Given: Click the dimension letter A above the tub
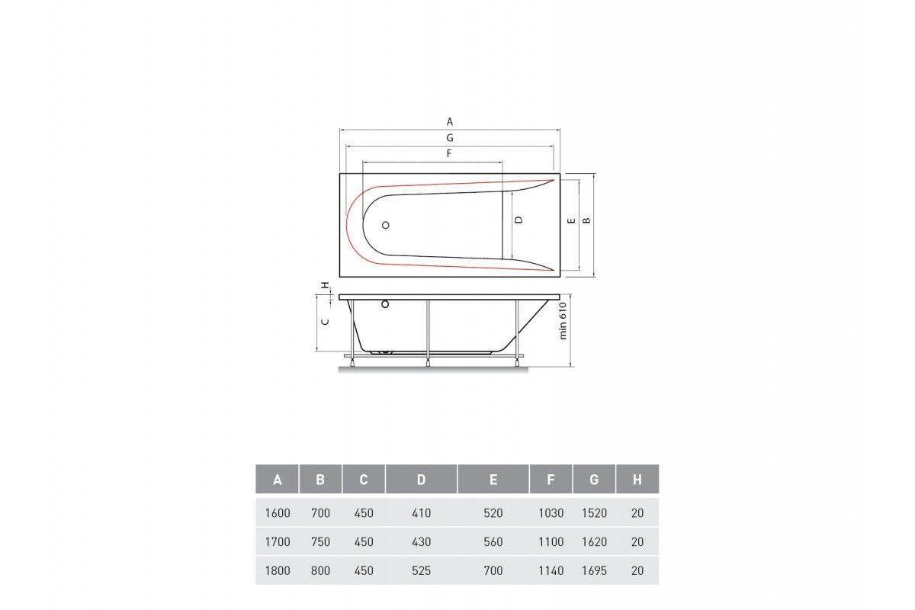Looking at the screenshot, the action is [450, 122].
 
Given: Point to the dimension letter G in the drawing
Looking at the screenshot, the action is [450, 138].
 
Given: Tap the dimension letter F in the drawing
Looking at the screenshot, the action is [449, 153].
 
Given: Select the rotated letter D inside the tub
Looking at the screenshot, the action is [518, 220].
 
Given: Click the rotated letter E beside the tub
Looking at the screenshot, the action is [572, 220].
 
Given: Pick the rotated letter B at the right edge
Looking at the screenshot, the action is [586, 220].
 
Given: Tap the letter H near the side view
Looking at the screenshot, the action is [325, 284].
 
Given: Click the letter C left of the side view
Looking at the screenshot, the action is [326, 322].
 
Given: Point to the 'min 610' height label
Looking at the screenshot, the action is [563, 321].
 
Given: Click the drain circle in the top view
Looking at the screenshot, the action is [385, 225].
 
